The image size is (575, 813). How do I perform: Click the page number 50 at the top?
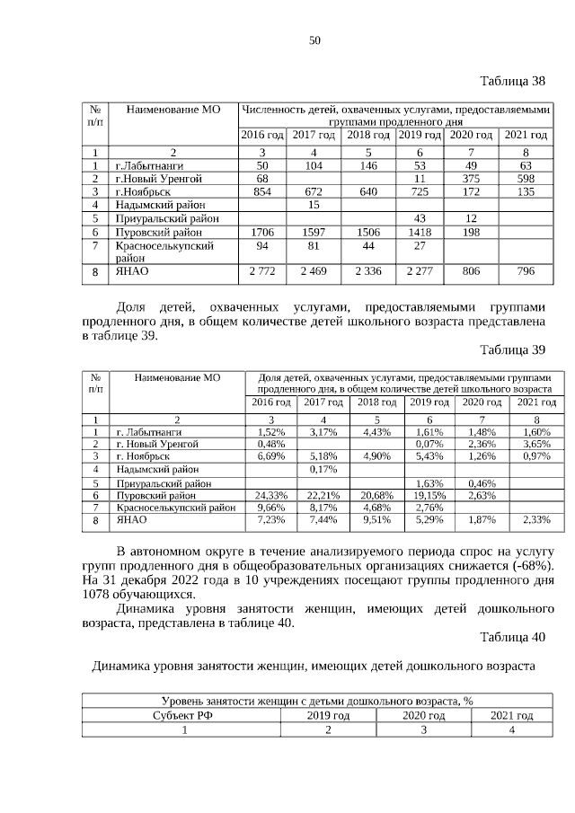tap(314, 40)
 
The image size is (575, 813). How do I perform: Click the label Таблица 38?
tap(512, 82)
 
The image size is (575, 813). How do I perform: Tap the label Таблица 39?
tap(512, 349)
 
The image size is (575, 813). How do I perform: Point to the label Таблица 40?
tap(512, 638)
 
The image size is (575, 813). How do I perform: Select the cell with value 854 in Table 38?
tap(262, 191)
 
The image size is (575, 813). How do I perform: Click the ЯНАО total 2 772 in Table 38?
tap(262, 270)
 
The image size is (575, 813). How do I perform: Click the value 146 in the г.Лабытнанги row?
tap(368, 166)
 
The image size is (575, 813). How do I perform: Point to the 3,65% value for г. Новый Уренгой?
tap(536, 444)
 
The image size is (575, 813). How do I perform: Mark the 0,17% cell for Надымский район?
tap(323, 468)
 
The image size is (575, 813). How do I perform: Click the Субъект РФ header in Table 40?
tap(181, 715)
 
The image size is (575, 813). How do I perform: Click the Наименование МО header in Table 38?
tap(173, 110)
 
